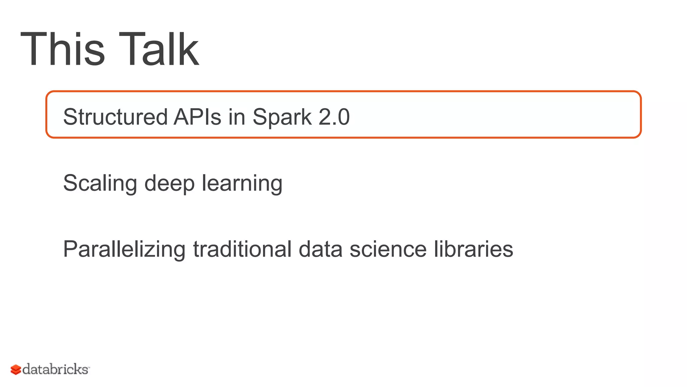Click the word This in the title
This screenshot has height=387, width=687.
63,49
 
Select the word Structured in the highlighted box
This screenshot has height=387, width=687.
115,117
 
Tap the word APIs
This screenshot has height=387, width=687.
197,117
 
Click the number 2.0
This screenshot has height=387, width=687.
334,117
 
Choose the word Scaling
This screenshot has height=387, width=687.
100,184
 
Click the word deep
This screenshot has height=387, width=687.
169,184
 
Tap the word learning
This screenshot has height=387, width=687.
242,184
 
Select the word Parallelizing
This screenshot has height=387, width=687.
124,250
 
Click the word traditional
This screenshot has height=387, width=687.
242,249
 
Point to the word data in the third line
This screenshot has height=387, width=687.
320,249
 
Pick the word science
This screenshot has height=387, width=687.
388,249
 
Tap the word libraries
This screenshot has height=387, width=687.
473,249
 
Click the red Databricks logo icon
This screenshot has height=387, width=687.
16,370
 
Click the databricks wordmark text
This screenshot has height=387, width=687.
56,369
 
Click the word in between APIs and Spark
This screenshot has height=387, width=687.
237,117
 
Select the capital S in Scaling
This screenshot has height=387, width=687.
70,183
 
